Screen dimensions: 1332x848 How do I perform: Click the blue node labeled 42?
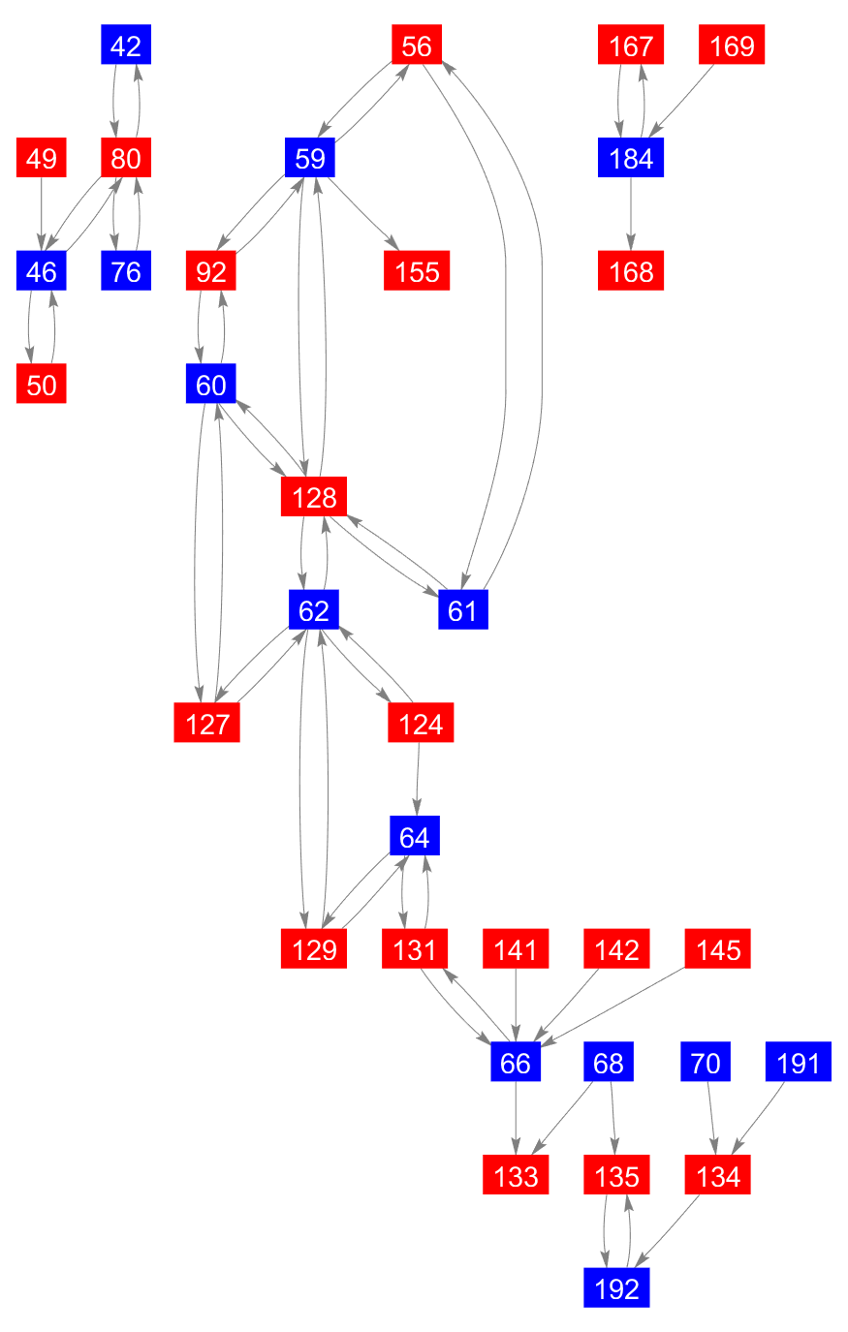(x=126, y=46)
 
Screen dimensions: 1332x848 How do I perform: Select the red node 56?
(x=417, y=46)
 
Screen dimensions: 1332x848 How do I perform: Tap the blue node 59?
(x=310, y=158)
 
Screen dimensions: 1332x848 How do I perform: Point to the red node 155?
(x=417, y=271)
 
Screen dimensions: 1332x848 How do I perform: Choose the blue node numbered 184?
(x=632, y=158)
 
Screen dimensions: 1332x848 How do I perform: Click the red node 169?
(x=732, y=46)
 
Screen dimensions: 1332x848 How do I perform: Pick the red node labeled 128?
(x=314, y=497)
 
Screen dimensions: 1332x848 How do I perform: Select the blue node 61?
(x=463, y=610)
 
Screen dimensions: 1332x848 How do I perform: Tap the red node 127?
(x=207, y=724)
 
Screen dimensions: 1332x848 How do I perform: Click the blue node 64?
(x=415, y=836)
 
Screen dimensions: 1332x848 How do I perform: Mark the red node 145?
(x=718, y=949)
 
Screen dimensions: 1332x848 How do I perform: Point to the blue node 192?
(x=617, y=1288)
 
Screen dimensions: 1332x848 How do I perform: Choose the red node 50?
(x=42, y=385)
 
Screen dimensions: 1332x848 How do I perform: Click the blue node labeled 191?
(x=799, y=1063)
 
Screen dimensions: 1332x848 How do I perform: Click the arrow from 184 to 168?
(x=632, y=214)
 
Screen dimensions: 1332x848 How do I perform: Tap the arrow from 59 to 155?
(x=364, y=215)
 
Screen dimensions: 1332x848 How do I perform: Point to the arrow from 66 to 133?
(x=516, y=1119)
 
